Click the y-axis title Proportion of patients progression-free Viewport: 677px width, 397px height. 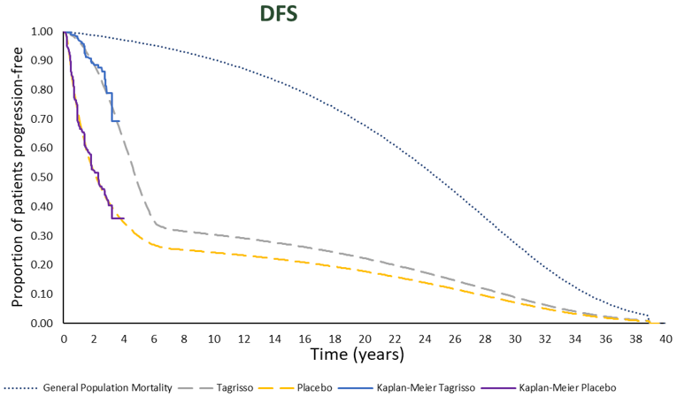(17, 177)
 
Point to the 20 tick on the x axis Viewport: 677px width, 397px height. (365, 339)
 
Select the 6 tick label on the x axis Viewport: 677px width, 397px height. (154, 339)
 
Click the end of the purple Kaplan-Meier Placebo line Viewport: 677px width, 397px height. (124, 218)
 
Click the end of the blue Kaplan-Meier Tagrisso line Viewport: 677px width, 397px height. (119, 121)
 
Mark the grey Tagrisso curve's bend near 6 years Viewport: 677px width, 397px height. (156, 225)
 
